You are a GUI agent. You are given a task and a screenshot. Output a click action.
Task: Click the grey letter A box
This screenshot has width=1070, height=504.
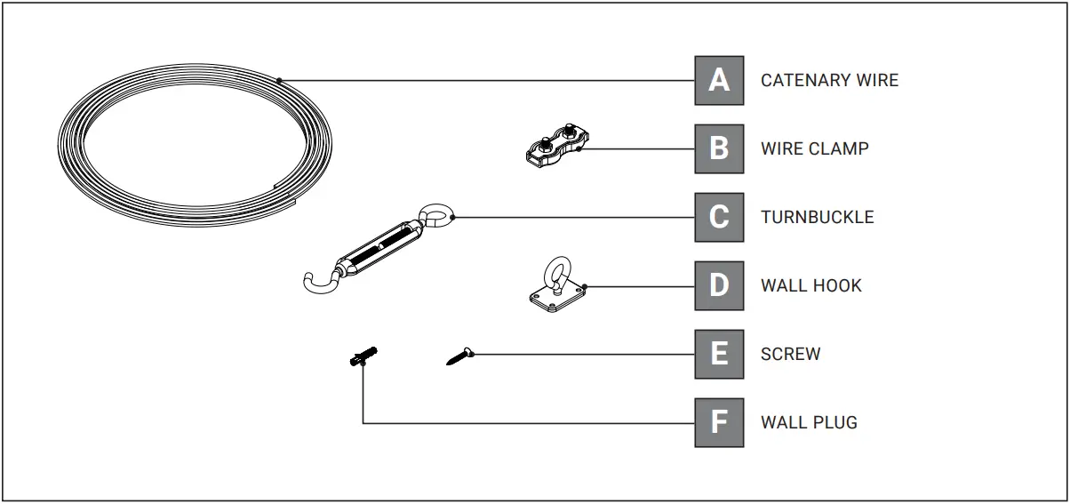tap(719, 80)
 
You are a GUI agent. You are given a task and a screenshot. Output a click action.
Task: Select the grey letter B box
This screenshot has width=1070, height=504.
tap(719, 148)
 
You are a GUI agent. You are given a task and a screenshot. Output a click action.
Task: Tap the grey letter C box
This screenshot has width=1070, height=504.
tap(719, 217)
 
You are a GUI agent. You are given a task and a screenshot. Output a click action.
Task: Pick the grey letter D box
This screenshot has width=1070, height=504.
tap(719, 285)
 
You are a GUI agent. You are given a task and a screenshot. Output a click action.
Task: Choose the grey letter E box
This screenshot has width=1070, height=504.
tap(719, 354)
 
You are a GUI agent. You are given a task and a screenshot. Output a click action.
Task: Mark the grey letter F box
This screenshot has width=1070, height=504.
tap(719, 422)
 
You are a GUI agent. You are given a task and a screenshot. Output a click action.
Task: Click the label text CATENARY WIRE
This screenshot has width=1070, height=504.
tap(829, 80)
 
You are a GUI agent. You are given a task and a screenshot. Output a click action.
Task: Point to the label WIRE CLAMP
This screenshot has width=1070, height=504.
tap(814, 148)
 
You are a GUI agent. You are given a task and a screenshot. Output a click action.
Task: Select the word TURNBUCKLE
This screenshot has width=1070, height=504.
tap(817, 217)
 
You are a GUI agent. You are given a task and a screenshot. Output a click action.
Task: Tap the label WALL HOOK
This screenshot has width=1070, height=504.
tap(810, 285)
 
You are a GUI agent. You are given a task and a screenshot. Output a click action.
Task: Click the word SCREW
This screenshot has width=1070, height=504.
tap(790, 354)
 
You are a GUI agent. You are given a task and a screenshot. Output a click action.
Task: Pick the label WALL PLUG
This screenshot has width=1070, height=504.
tap(809, 422)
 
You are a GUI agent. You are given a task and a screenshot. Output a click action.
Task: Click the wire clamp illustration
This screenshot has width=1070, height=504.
tap(557, 148)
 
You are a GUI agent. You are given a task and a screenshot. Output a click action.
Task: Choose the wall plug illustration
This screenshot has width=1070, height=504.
tap(363, 357)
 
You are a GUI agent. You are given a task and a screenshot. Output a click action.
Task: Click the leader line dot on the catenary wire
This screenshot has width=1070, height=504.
tap(279, 80)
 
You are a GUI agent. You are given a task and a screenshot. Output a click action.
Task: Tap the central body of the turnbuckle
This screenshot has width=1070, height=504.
tap(378, 247)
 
